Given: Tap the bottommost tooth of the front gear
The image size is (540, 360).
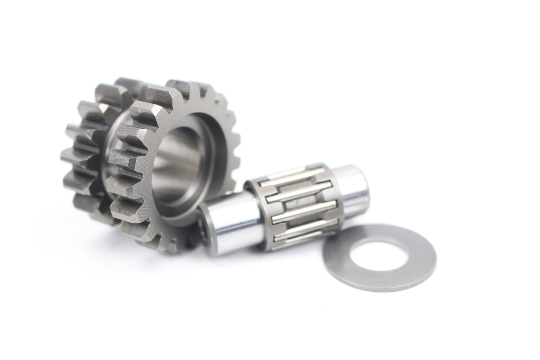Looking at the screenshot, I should (x=169, y=245).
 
